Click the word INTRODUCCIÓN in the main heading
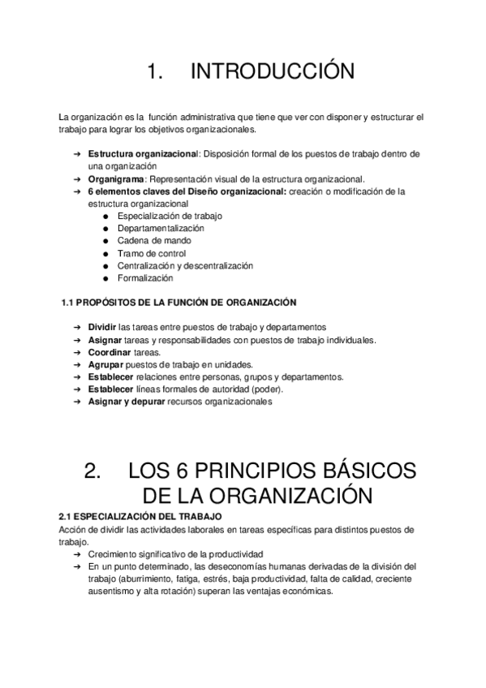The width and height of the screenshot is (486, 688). pos(272,72)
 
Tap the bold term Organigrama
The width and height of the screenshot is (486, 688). pos(116,178)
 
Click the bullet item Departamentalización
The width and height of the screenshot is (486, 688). pos(161,229)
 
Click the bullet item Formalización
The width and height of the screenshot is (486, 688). pos(145,278)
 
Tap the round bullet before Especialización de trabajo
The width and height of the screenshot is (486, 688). pos(106,217)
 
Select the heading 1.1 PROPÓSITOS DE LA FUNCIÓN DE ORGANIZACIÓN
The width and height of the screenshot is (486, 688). pos(178,303)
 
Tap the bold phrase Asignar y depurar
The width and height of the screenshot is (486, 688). pos(125,402)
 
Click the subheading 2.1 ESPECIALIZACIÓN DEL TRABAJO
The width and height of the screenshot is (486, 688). pos(140,516)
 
